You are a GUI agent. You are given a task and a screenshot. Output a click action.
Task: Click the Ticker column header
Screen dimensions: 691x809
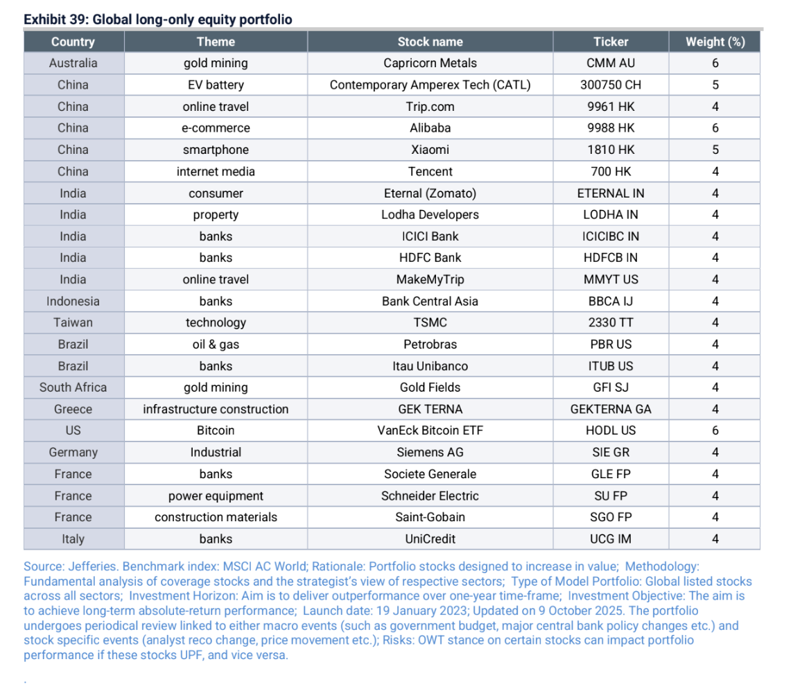610,42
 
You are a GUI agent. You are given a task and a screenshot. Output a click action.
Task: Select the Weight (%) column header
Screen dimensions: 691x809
715,42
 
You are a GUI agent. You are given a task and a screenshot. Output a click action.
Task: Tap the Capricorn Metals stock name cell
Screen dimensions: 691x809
430,63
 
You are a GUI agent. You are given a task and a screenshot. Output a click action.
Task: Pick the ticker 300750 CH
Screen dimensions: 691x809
610,85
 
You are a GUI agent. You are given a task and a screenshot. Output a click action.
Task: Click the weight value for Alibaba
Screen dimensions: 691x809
715,128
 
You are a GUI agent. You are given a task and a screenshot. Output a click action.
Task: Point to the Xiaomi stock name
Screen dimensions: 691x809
430,150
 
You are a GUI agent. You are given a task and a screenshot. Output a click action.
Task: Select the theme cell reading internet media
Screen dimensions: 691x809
216,171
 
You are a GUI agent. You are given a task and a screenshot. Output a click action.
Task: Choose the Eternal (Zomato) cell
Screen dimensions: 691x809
430,193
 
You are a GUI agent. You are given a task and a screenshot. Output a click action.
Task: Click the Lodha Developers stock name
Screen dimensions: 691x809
430,215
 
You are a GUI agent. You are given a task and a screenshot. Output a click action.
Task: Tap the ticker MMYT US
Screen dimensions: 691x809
610,279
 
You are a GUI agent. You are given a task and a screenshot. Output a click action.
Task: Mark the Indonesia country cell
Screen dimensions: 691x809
73,301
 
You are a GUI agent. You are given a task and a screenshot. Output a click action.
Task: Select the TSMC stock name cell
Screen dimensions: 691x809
430,323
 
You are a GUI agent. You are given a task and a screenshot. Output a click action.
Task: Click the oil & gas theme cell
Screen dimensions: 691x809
216,344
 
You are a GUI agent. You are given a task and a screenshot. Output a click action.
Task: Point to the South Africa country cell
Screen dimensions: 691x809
73,387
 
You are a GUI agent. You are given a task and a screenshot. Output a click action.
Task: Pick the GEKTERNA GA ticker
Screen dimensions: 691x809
610,409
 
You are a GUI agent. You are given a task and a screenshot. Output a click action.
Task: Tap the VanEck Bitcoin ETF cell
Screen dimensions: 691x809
430,430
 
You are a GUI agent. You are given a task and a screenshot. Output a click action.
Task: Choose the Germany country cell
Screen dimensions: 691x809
73,453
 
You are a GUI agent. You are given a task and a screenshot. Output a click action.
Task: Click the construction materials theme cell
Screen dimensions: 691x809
216,517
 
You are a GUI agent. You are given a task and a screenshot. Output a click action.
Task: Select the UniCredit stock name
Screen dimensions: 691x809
430,539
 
